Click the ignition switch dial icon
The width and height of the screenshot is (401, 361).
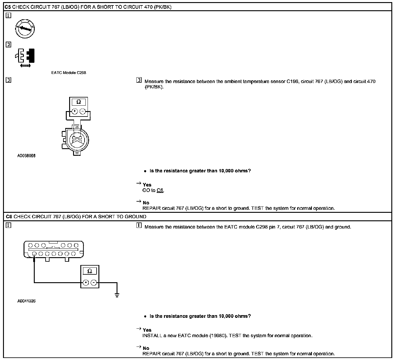pyautogui.click(x=25, y=29)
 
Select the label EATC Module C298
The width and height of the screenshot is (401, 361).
pyautogui.click(x=69, y=73)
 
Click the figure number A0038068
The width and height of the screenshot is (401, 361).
pyautogui.click(x=26, y=156)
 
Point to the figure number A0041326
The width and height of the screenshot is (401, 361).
pyautogui.click(x=26, y=301)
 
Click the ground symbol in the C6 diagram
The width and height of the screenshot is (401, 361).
pyautogui.click(x=117, y=295)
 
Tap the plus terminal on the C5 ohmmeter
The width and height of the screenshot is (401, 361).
pyautogui.click(x=74, y=112)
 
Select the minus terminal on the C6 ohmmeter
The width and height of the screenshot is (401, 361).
pyautogui.click(x=94, y=283)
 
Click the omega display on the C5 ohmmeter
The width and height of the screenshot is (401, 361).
pyautogui.click(x=79, y=102)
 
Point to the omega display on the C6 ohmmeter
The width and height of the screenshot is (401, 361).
pyautogui.click(x=90, y=271)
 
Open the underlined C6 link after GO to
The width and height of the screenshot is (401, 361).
pyautogui.click(x=160, y=190)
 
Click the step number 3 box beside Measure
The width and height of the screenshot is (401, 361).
pyautogui.click(x=139, y=80)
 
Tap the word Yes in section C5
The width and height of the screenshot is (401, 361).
pyautogui.click(x=147, y=185)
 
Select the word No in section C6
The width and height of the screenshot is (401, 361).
pyautogui.click(x=146, y=348)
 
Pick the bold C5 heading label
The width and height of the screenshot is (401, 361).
pyautogui.click(x=8, y=7)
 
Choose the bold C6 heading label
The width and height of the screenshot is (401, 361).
pyautogui.click(x=8, y=216)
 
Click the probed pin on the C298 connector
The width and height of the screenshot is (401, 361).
pyautogui.click(x=34, y=254)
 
